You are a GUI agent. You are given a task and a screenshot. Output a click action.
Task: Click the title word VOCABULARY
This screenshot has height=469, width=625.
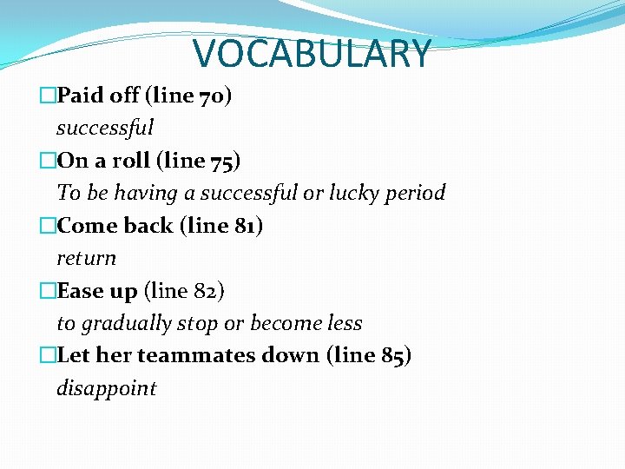tap(312, 53)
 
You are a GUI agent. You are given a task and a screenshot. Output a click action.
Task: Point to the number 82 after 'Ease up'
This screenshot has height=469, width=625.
tap(208, 291)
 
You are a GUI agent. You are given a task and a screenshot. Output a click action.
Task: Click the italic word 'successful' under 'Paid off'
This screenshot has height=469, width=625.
tap(105, 128)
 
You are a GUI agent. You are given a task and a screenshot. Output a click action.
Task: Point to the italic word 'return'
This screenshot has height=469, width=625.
tap(86, 258)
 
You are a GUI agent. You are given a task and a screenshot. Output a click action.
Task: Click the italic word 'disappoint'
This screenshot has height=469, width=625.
tap(107, 388)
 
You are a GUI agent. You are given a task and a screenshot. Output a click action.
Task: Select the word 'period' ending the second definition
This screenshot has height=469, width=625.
tap(418, 193)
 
